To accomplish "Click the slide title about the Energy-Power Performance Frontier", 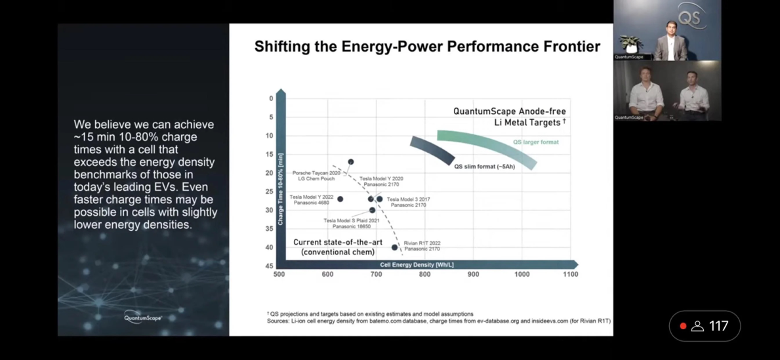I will coord(427,47).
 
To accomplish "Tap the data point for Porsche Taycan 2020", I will coord(351,162).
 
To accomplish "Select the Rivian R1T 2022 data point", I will coord(395,247).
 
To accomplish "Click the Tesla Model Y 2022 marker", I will coord(340,199).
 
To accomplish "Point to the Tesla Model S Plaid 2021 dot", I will coord(373,210).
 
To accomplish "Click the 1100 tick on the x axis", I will coord(570,274).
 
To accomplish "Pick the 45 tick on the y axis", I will coord(270,266).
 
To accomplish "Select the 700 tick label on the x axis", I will coord(376,274).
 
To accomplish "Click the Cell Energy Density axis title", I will coord(417,265).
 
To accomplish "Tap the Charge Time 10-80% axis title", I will coord(281,190).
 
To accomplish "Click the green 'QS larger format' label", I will coord(536,142).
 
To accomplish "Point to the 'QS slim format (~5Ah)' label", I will coord(485,167).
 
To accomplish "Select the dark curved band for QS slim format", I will coord(432,150).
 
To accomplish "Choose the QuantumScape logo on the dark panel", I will coord(143,318).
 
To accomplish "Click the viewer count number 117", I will coord(719,326).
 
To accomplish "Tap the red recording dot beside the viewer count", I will coord(683,326).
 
